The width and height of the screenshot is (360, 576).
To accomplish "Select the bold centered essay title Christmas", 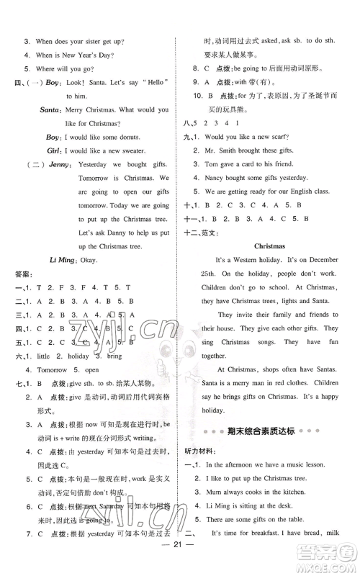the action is [x=270, y=246].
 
